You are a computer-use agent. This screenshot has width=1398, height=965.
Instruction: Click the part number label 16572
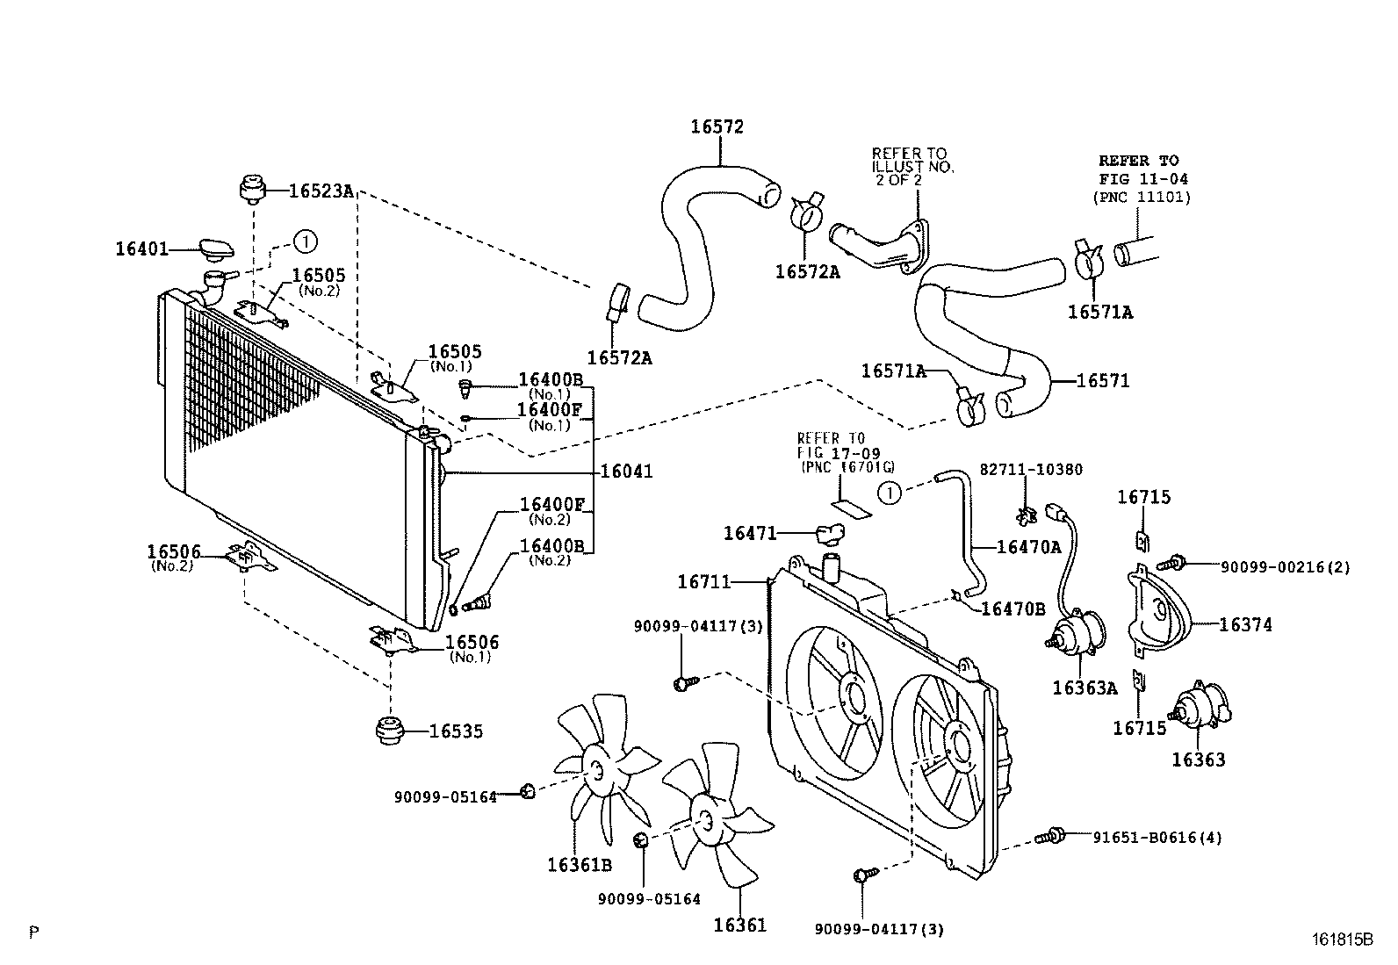[717, 126]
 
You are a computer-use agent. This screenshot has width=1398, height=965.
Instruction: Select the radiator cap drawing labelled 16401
[216, 249]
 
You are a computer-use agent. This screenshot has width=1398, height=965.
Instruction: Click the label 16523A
[321, 190]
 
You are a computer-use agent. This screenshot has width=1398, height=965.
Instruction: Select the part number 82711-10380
[1030, 470]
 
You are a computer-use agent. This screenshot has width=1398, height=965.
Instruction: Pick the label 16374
[1245, 625]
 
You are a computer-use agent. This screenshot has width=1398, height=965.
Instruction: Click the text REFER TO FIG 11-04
[1139, 169]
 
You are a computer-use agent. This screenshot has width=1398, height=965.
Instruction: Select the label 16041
[626, 472]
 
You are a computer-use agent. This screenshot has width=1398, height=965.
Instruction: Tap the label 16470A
[1029, 547]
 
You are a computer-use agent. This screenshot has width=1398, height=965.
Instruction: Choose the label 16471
[749, 532]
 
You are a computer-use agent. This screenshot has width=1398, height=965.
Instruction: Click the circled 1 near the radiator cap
[305, 240]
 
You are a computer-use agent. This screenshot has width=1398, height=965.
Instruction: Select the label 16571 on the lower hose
[1103, 381]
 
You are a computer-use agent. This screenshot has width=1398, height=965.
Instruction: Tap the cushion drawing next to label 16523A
[252, 188]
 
